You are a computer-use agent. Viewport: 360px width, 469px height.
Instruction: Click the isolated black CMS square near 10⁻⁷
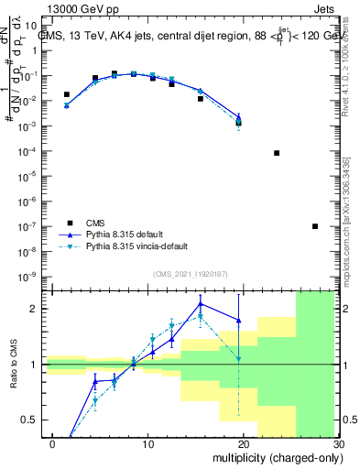point(314,226)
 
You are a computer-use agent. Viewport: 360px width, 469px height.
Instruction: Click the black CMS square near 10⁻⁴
point(277,153)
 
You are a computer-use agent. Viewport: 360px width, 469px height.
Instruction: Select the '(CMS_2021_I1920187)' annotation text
point(189,274)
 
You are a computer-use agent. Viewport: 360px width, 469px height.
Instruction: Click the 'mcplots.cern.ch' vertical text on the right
point(352,211)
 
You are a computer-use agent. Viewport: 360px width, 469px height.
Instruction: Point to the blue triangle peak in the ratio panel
point(200,303)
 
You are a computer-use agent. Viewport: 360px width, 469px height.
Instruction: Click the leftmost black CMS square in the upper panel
point(66,94)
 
